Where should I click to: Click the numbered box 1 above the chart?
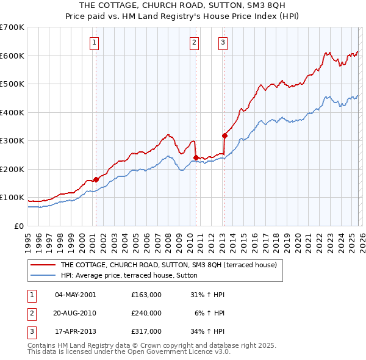pyautogui.click(x=95, y=43)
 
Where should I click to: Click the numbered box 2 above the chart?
pyautogui.click(x=194, y=43)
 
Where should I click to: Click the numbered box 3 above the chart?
pyautogui.click(x=223, y=43)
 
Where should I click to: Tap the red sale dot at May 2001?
pyautogui.click(x=96, y=180)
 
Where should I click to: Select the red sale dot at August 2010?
pyautogui.click(x=196, y=157)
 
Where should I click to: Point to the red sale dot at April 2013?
pyautogui.click(x=224, y=136)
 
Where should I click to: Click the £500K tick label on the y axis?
pyautogui.click(x=12, y=84)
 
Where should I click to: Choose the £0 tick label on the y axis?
pyautogui.click(x=19, y=226)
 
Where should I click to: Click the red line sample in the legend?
pyautogui.click(x=43, y=265)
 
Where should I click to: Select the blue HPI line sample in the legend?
pyautogui.click(x=43, y=275)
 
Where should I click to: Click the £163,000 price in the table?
pyautogui.click(x=146, y=295)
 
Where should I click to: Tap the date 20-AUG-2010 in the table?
pyautogui.click(x=76, y=313)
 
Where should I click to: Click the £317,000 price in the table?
pyautogui.click(x=146, y=331)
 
